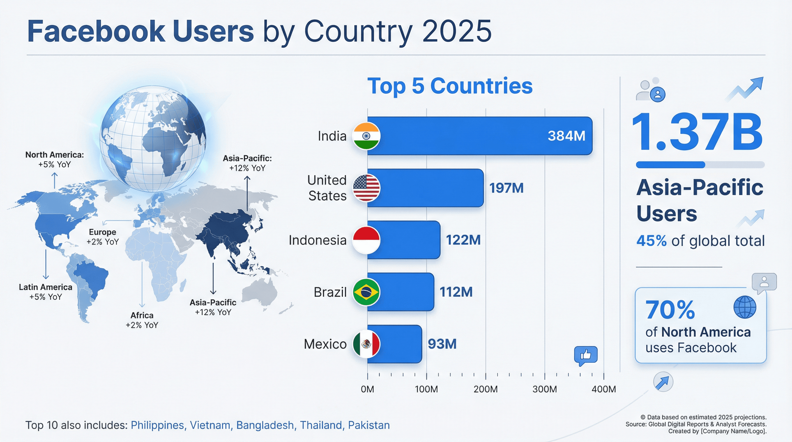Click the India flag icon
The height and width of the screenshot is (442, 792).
click(x=366, y=136)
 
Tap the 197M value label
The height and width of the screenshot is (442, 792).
click(x=506, y=188)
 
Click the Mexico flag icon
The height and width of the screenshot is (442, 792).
click(x=366, y=344)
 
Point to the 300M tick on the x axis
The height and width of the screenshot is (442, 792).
click(x=544, y=389)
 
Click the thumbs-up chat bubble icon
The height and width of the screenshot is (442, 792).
click(x=586, y=355)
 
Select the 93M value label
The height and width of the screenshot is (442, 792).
click(x=442, y=344)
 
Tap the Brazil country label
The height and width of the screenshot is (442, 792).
click(x=330, y=292)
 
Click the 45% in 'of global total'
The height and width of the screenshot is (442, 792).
click(x=651, y=241)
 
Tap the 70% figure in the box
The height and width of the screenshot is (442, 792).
click(x=670, y=310)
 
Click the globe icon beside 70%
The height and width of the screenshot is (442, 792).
click(x=745, y=307)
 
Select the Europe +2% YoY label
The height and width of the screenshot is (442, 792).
click(x=102, y=237)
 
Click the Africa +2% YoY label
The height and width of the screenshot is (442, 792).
click(x=142, y=320)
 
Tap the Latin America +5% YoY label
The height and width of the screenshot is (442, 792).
click(x=45, y=292)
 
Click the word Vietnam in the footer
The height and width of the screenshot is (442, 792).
click(x=210, y=425)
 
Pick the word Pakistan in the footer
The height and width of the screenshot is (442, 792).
click(x=369, y=425)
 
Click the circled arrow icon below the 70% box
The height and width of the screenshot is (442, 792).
click(x=663, y=382)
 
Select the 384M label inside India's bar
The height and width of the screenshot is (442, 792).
click(x=566, y=136)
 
